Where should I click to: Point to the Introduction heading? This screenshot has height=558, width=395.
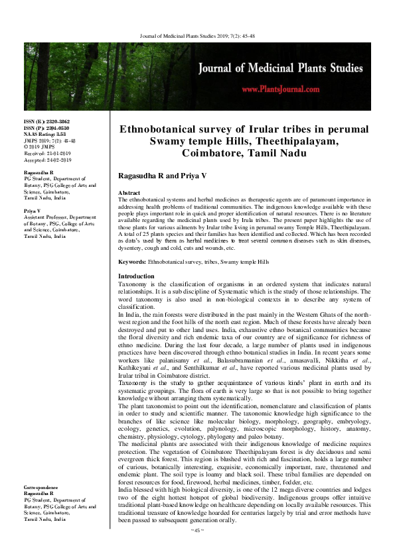pos(136,276)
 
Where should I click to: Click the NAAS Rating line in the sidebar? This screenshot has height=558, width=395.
pos(45,135)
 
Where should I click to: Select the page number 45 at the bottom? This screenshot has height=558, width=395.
pos(197,549)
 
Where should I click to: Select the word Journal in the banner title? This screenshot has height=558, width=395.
pos(224,67)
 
